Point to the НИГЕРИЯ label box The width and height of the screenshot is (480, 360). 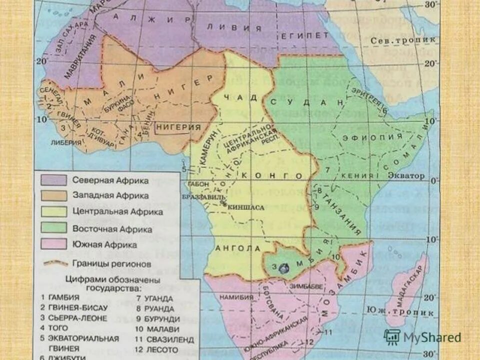point(178,127)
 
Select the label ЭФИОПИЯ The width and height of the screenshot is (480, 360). point(373,137)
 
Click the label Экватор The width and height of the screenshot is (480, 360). point(405,176)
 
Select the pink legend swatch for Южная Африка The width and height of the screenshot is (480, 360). point(54,244)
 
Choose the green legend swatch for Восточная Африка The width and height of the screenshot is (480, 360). point(54,227)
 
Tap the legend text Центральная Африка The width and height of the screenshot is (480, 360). point(117,211)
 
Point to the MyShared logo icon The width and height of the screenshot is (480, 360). point(392,336)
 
